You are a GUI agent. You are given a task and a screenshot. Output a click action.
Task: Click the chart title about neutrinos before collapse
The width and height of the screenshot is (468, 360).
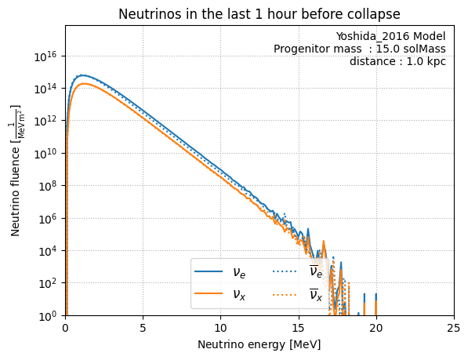point(259,14)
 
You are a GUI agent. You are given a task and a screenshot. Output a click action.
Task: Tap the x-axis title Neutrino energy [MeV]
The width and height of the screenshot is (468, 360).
point(259,344)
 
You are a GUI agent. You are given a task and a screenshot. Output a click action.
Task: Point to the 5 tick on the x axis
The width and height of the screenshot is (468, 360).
point(143,328)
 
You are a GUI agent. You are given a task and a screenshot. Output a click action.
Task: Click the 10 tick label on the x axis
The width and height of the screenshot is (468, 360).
point(220,328)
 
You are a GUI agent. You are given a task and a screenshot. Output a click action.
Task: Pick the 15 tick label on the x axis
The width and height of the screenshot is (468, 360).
point(299,328)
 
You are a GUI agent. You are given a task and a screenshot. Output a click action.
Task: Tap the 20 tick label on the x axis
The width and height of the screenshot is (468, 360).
point(376,328)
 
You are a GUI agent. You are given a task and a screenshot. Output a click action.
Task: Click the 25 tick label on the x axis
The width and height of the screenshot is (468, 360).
point(454,328)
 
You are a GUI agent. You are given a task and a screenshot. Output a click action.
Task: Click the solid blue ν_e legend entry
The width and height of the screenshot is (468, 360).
point(220,271)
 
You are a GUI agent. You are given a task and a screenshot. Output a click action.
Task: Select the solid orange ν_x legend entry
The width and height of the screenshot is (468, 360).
point(220,294)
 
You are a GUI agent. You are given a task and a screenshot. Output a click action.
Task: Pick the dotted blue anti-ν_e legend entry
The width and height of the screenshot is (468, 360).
point(298,271)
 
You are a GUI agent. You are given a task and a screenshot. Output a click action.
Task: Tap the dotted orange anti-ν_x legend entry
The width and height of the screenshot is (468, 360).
point(298,294)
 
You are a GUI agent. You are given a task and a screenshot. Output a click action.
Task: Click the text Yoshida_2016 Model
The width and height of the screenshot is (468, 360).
point(390,36)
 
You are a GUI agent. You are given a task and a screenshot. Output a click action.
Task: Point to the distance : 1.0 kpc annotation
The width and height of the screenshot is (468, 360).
point(398,61)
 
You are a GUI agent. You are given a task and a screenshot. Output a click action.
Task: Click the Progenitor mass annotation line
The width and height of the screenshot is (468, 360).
point(360,49)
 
